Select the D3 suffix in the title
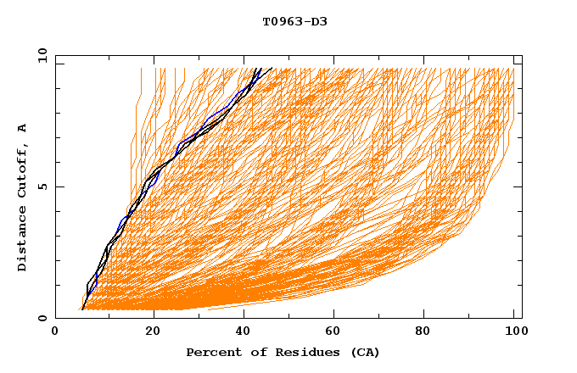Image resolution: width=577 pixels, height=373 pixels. [317, 21]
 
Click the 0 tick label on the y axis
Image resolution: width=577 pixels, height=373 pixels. [42, 319]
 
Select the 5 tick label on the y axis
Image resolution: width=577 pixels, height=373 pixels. [42, 186]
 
